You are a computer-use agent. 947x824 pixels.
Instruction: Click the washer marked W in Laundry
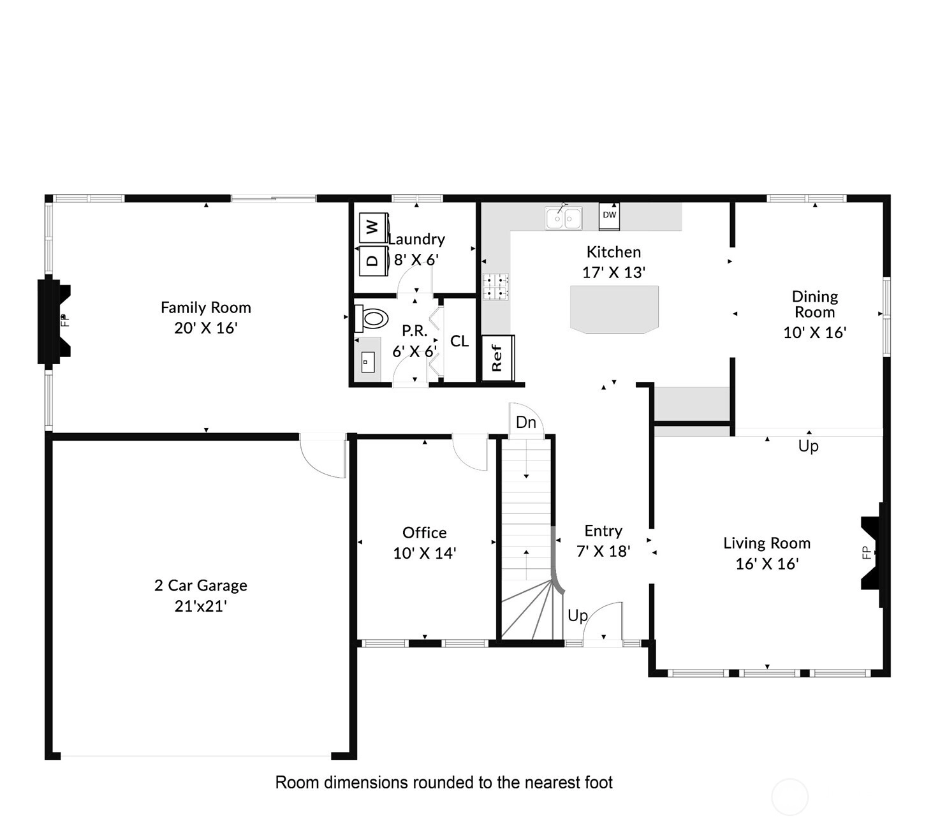pos(373,227)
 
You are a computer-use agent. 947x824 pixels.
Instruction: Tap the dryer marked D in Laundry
pos(373,261)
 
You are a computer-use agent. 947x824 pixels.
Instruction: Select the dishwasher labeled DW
pos(609,216)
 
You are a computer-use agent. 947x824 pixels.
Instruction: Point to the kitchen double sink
pos(563,217)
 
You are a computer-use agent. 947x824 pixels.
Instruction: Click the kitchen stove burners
pos(496,286)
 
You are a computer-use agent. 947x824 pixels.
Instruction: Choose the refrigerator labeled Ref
pos(497,358)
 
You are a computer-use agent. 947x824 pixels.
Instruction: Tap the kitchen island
pos(614,309)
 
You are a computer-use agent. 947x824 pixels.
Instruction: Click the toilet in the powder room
pos(371,318)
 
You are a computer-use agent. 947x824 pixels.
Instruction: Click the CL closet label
pos(459,341)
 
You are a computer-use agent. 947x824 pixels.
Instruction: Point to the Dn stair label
pos(526,422)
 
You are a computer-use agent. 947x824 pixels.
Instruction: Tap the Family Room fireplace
pos(54,320)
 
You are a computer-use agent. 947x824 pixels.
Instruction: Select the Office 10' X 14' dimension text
pos(425,553)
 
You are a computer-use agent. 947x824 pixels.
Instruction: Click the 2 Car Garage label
pos(201,585)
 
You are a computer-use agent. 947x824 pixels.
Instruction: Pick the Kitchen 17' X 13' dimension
pos(613,272)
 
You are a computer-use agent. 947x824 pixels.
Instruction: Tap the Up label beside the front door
pos(578,616)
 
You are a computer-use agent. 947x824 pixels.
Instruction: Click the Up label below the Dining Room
pos(808,446)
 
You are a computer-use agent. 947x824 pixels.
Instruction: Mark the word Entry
pos(603,531)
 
